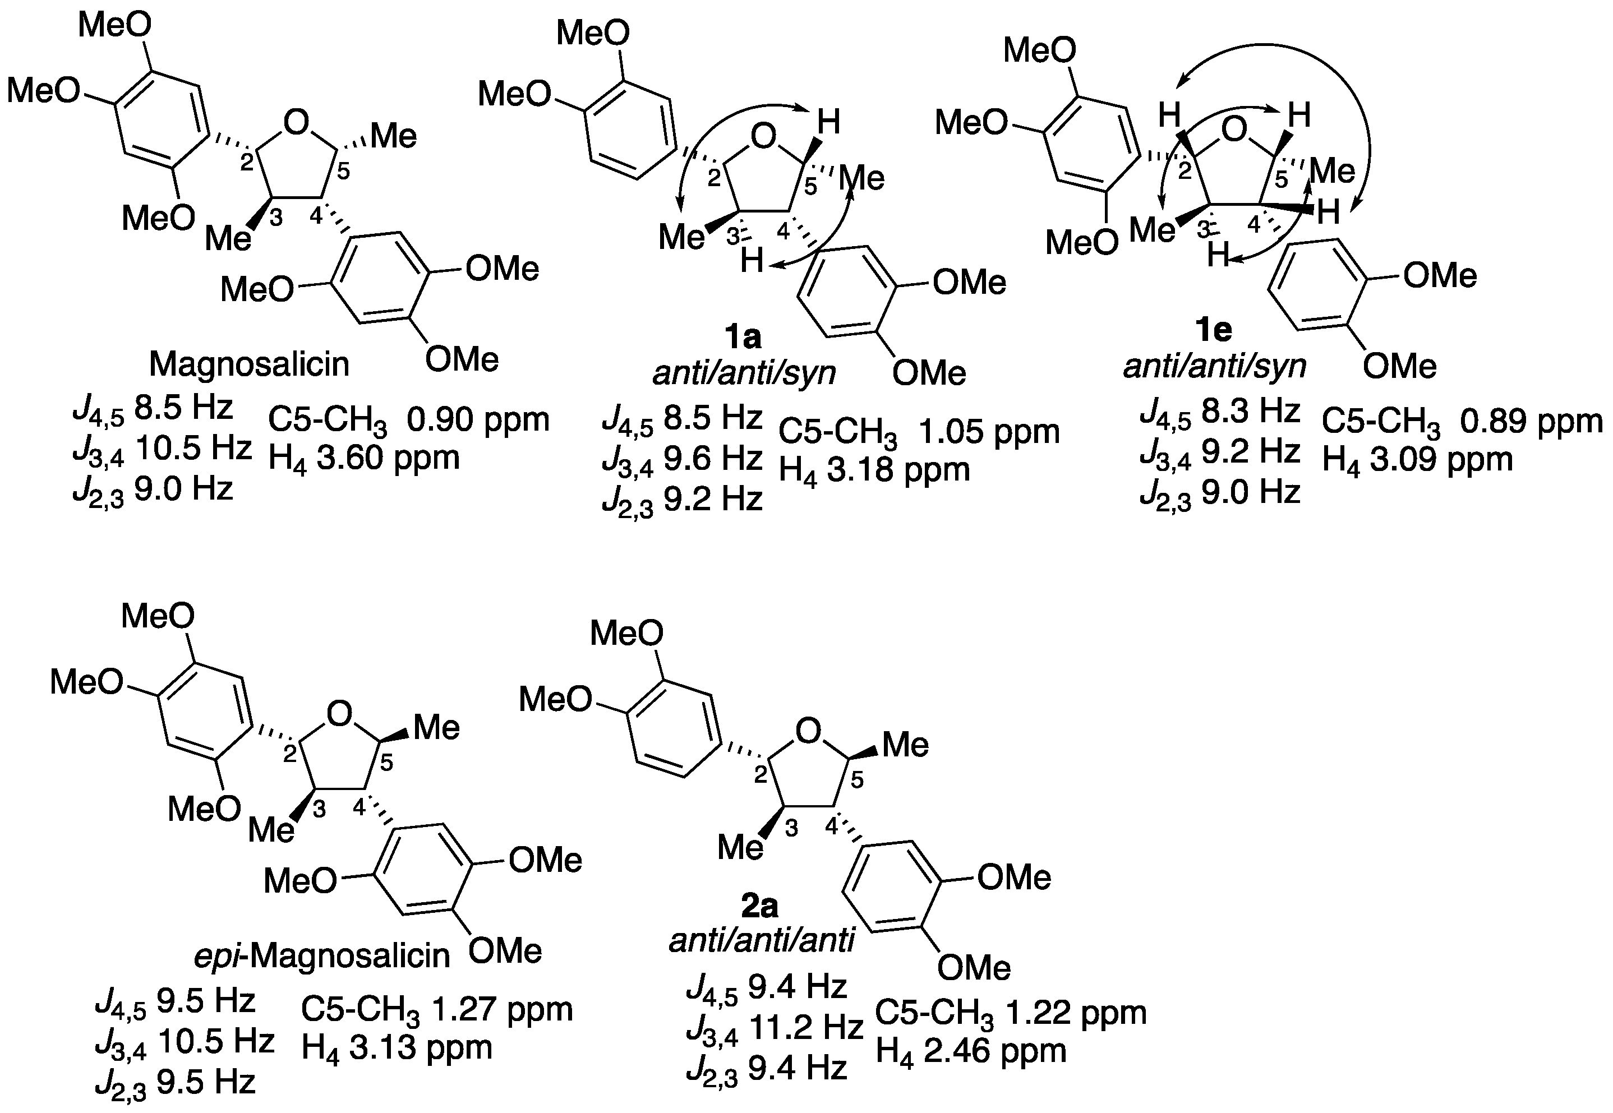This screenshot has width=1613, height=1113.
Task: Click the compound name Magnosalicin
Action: tap(249, 364)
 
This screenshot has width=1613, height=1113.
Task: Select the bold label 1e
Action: tap(1214, 329)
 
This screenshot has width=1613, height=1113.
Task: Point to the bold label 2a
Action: tap(759, 906)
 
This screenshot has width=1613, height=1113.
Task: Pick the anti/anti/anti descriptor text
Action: tap(762, 941)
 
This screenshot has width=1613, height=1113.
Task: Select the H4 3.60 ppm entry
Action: tap(364, 458)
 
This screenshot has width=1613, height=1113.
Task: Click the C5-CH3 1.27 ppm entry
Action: tap(436, 1010)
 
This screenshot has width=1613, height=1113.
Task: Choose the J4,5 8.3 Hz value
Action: tap(1220, 412)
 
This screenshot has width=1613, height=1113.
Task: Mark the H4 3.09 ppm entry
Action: tap(1417, 460)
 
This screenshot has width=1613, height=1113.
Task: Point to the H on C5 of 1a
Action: tap(828, 122)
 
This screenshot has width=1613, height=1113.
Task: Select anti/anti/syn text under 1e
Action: tap(1214, 366)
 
